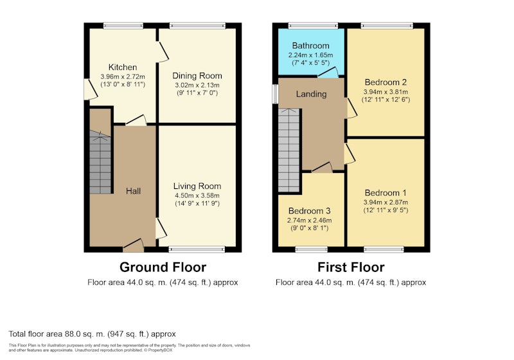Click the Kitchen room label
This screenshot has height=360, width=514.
[x=123, y=67]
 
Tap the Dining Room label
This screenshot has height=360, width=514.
[x=197, y=76]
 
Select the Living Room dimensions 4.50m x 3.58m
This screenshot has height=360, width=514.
[x=197, y=195]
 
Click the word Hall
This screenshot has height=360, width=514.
[x=134, y=191]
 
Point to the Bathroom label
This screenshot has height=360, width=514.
[x=310, y=46]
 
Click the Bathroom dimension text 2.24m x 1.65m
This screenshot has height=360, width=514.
[x=310, y=55]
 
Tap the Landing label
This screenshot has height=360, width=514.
[x=311, y=94]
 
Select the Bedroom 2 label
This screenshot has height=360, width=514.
[x=385, y=82]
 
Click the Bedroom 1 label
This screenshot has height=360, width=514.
[x=385, y=193]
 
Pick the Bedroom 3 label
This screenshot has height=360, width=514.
[x=309, y=211]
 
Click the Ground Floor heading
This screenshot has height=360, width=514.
[x=163, y=267]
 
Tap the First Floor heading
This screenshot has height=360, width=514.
[x=351, y=267]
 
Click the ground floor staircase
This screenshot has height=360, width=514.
[x=100, y=162]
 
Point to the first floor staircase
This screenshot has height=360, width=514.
[x=288, y=150]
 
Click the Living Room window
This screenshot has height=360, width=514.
[x=197, y=249]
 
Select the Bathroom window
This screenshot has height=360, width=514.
[x=313, y=26]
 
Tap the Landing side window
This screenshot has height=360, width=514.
[x=276, y=94]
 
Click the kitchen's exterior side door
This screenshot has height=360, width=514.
[x=91, y=89]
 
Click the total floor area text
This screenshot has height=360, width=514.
[x=92, y=334]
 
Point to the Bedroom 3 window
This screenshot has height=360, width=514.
[x=312, y=249]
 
